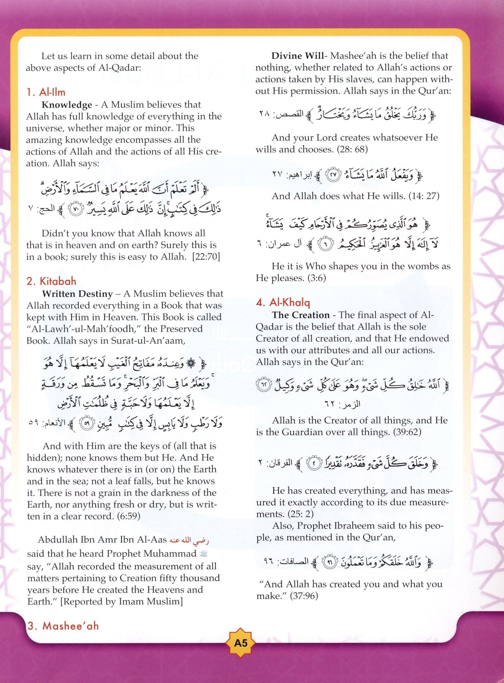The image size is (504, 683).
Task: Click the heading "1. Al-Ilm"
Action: (46, 92)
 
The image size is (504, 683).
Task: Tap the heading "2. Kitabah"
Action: (51, 281)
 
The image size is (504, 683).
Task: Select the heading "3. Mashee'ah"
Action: (63, 626)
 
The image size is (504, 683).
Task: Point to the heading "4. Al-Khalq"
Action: (283, 302)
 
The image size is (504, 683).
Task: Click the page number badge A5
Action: (241, 643)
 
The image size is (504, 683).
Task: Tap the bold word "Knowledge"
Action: (67, 105)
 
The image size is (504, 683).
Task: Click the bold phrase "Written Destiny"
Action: (77, 294)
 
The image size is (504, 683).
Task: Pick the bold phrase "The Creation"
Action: (301, 315)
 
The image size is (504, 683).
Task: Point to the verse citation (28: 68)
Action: (352, 149)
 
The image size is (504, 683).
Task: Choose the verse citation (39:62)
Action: (407, 432)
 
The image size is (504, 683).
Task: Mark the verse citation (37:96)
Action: (304, 596)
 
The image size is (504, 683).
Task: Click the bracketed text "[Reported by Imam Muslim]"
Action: (121, 601)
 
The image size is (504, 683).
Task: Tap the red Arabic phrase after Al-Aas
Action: (189, 540)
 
